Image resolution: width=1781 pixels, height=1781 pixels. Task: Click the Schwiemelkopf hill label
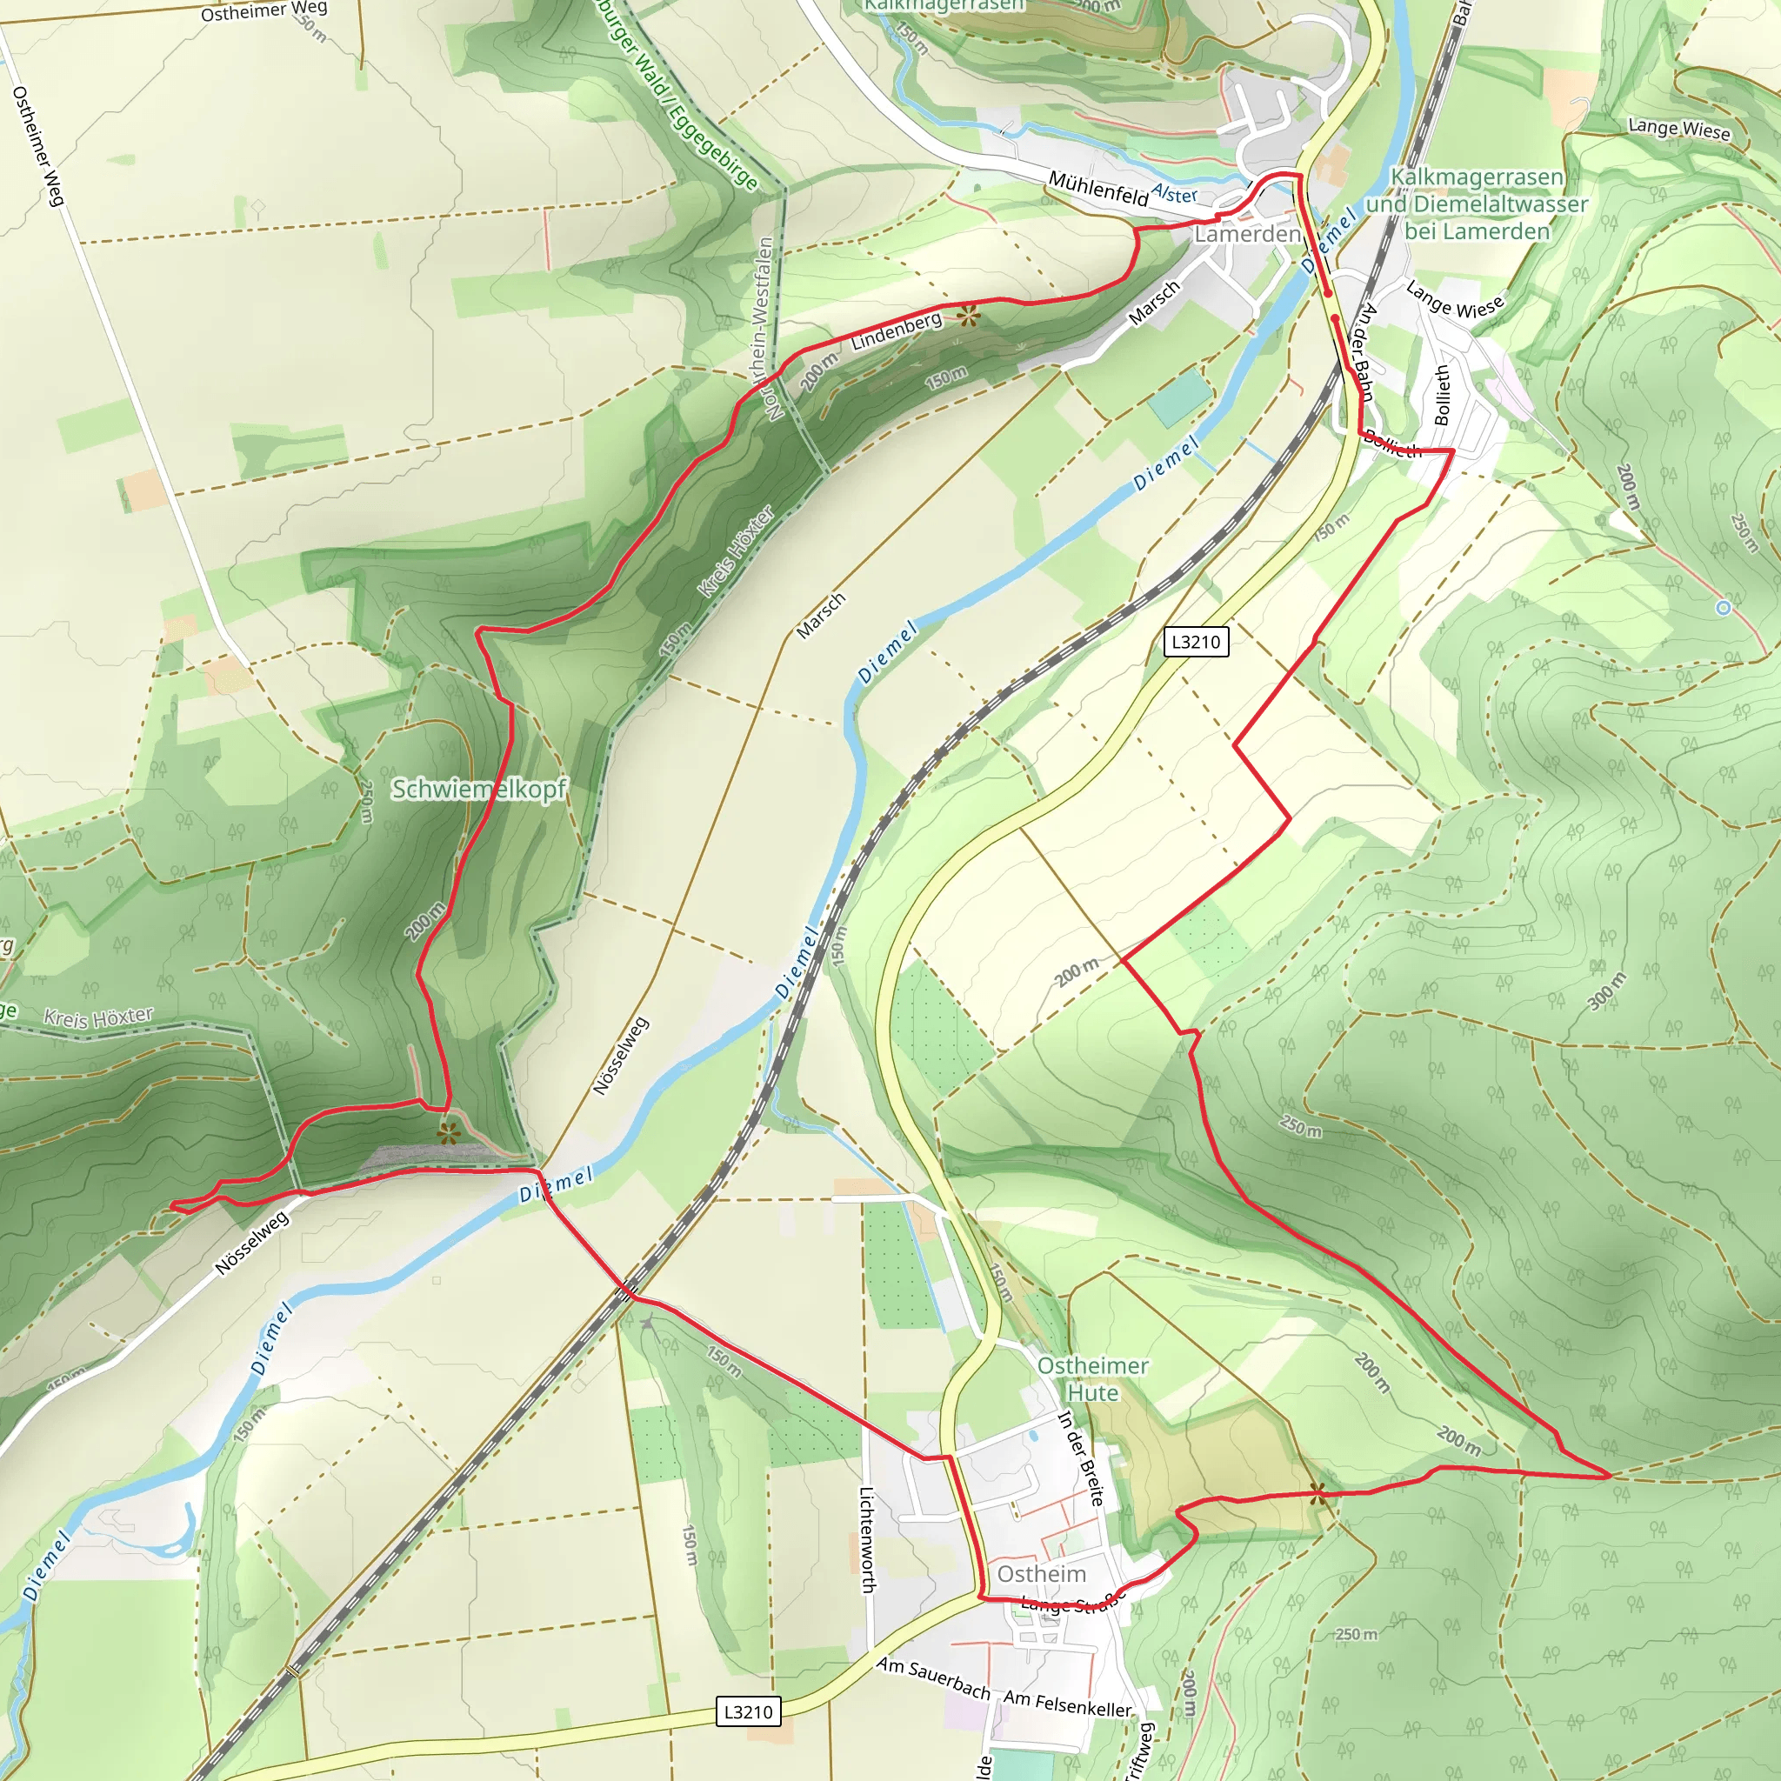point(478,789)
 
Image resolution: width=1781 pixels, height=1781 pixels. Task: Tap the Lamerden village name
point(1247,234)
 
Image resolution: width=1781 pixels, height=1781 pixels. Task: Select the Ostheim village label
point(1042,1573)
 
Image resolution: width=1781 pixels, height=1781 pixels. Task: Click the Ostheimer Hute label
point(1092,1379)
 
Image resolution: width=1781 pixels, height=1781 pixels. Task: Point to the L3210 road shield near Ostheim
point(748,1711)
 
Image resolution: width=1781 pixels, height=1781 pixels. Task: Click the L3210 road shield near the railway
point(1196,642)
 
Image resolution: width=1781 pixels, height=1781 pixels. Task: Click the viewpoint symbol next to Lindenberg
point(967,317)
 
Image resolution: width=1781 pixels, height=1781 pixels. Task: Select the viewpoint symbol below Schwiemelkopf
point(448,1134)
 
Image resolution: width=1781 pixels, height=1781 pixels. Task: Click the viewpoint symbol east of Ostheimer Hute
point(1319,1494)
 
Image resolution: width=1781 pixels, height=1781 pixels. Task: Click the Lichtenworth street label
point(866,1538)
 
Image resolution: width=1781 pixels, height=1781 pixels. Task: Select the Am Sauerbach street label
point(933,1678)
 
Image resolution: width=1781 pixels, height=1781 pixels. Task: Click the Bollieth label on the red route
point(1392,444)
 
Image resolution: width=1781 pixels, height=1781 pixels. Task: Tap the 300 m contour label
point(1608,991)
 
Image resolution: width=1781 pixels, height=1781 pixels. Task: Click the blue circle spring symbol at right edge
point(1723,609)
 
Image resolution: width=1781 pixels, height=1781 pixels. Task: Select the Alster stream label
point(1174,194)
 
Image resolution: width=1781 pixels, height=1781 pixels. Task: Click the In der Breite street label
point(1079,1457)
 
